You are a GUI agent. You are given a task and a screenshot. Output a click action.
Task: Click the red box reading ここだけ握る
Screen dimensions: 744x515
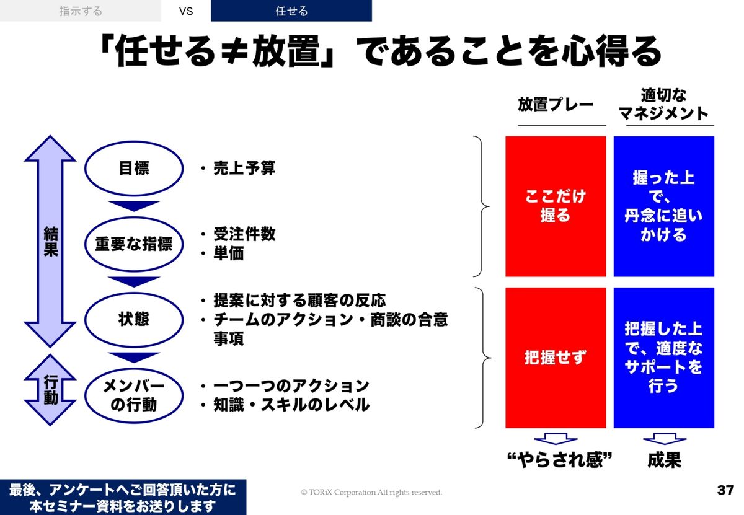(556, 206)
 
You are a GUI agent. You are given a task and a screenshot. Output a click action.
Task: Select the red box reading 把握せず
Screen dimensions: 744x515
(556, 358)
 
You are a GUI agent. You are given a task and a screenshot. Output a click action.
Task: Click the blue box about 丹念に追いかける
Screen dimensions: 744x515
(663, 206)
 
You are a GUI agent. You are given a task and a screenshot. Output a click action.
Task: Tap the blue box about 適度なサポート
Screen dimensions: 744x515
(663, 358)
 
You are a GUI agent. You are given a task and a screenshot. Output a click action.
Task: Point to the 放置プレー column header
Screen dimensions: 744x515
(556, 104)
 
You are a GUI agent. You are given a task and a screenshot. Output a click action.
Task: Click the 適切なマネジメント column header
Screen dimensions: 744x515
(663, 104)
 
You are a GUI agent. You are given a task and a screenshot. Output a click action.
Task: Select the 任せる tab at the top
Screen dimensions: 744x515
(291, 11)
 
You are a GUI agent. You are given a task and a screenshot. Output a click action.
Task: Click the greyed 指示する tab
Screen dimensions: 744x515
(81, 11)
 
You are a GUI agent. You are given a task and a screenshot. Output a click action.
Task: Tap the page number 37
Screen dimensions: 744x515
(725, 490)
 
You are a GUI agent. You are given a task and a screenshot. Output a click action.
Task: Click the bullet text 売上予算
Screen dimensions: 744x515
(244, 168)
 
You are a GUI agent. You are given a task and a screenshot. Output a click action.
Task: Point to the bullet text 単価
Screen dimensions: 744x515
(229, 253)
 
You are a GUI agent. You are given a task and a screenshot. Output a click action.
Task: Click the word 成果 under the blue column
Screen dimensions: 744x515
(664, 460)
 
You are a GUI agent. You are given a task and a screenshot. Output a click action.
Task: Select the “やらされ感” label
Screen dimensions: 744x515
(560, 460)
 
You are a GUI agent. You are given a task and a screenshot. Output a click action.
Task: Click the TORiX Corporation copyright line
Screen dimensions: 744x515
(371, 493)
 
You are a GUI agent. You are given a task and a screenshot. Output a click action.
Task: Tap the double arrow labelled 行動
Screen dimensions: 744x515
(50, 390)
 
